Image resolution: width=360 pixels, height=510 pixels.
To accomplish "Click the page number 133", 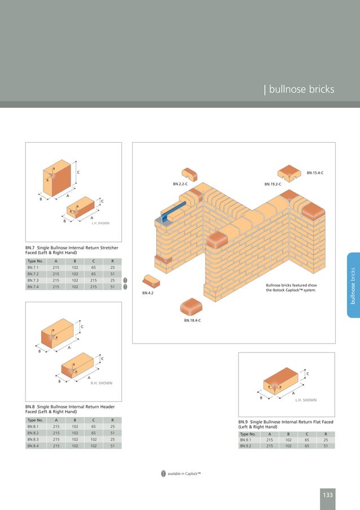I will [x=327, y=495].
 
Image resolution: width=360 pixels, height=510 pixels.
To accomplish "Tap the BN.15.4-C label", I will [x=318, y=172].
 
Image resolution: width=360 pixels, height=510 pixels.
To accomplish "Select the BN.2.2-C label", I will [x=179, y=184].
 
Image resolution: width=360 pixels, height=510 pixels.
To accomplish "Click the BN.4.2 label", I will [x=148, y=293].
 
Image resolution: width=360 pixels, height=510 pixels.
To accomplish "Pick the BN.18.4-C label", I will [x=192, y=320].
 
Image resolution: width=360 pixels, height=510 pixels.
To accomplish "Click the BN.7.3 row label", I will [x=33, y=280].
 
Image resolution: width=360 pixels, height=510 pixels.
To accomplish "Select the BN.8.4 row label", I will [x=33, y=446].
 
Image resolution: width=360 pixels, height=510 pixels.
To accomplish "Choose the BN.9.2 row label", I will [x=247, y=446].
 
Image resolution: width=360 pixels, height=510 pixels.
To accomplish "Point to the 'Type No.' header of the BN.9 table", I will [x=248, y=434].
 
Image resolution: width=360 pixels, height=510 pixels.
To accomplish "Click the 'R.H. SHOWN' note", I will [x=102, y=383].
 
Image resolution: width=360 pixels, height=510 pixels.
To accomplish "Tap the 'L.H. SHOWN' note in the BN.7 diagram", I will [x=100, y=223].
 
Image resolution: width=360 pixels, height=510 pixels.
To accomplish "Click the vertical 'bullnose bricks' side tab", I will [x=353, y=285].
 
